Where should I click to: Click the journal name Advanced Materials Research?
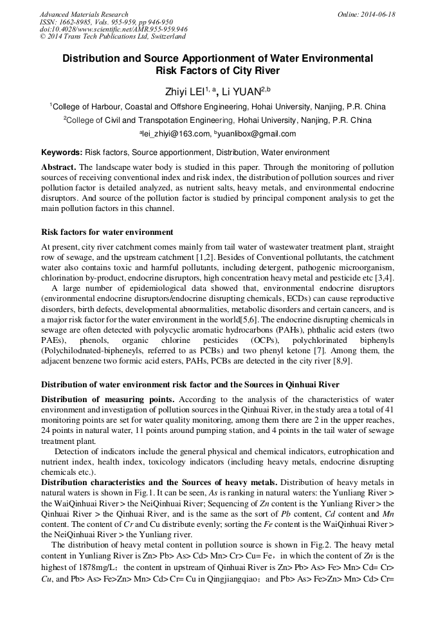tap(84, 14)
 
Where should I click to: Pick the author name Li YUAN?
tap(248, 91)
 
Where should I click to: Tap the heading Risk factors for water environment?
tap(107, 232)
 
